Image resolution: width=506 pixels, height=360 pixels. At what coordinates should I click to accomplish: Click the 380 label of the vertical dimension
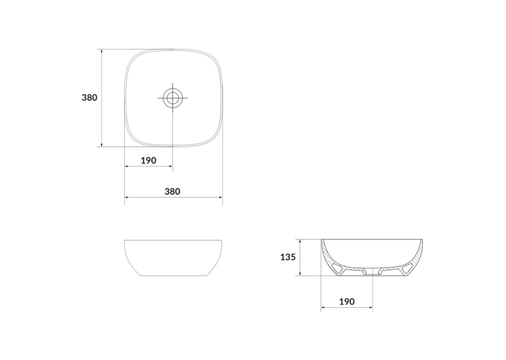coord(89,97)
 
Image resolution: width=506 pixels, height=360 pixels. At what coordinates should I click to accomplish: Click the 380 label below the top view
coord(172,192)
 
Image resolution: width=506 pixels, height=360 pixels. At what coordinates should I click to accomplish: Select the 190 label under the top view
coord(149,161)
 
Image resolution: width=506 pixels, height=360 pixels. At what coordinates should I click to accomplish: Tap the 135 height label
coord(288,257)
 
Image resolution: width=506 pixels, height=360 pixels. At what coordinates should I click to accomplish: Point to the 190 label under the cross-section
coord(347,302)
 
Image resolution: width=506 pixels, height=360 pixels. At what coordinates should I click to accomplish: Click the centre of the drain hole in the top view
coord(172,97)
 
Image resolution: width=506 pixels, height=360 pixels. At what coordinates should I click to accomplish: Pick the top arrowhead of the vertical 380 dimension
coord(102,52)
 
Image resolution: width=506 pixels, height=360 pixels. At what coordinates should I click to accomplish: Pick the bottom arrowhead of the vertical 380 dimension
coord(102,145)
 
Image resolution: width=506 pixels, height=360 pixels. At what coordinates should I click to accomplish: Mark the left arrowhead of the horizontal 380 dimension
coord(127,197)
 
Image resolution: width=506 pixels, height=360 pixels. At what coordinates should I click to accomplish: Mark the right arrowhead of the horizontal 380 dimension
coord(221,197)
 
